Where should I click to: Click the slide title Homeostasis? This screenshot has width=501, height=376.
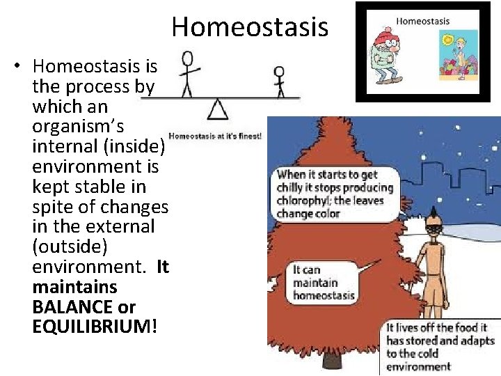pos(249,27)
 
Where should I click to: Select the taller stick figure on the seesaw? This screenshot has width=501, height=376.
pos(186,72)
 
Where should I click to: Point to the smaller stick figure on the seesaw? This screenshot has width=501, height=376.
pos(280,81)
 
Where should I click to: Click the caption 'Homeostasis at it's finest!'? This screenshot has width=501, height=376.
pos(215,136)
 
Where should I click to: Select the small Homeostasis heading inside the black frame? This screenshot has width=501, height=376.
pos(422,21)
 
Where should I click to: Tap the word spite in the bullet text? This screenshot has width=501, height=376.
pos(54,207)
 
